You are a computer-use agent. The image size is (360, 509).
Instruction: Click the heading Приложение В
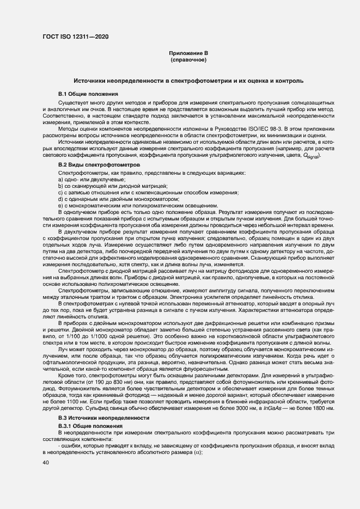[188, 53]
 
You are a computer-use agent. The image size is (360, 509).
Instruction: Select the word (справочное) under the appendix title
[188, 59]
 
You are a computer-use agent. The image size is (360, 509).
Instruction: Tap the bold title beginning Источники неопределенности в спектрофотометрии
[180, 81]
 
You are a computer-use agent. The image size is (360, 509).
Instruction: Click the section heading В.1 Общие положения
[84, 94]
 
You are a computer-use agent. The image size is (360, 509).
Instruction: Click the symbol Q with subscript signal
[313, 156]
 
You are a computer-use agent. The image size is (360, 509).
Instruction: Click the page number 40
[46, 462]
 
